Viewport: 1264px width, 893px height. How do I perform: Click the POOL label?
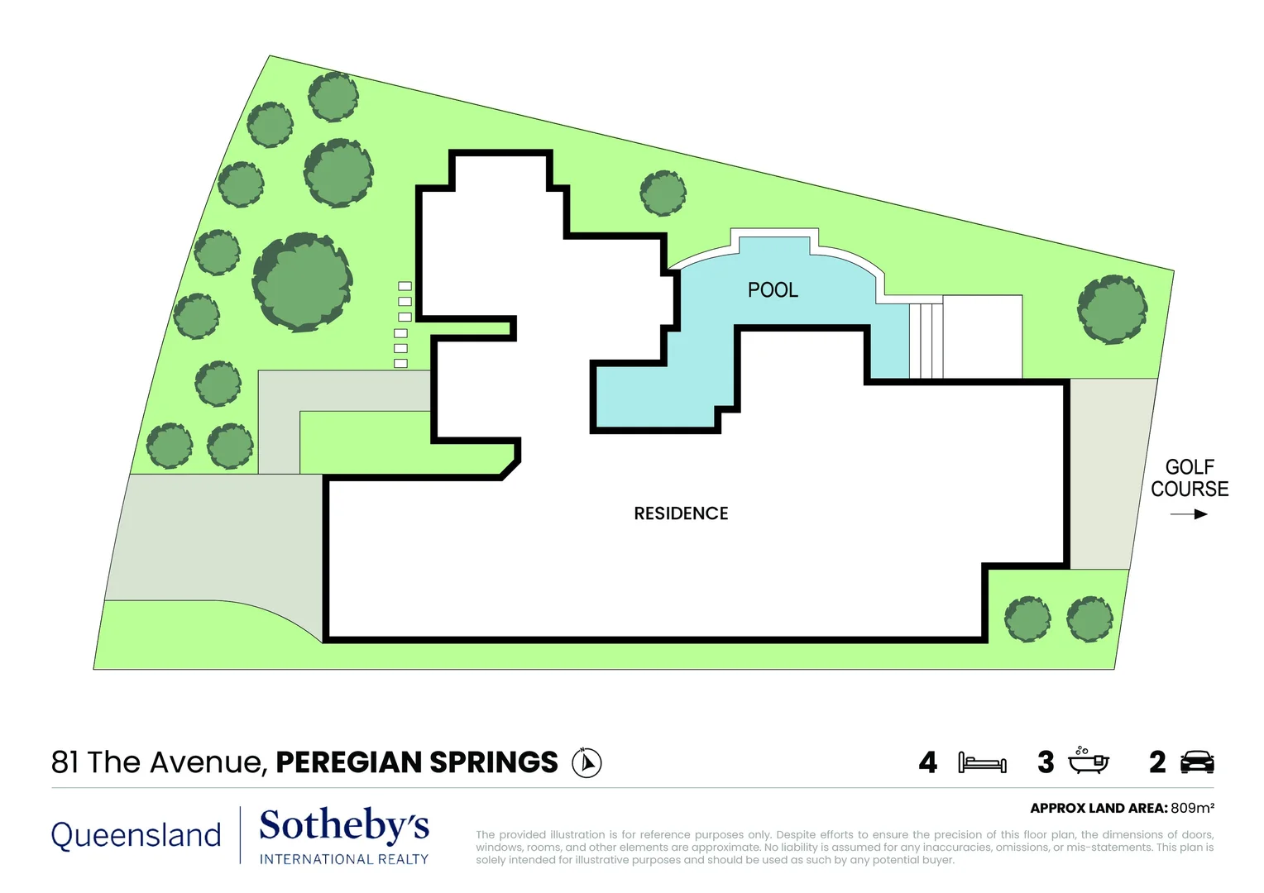(773, 290)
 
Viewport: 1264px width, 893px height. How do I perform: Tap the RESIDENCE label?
(681, 513)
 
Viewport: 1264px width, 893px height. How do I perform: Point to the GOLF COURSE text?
(1190, 478)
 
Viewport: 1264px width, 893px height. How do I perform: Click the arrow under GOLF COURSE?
(1189, 514)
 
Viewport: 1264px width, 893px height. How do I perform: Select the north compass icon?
(587, 762)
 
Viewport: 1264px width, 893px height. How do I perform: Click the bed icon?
(982, 762)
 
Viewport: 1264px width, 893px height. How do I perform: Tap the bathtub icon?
(1088, 762)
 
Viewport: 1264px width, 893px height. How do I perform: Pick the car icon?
(1197, 762)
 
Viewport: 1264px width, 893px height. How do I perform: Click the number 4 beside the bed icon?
(928, 762)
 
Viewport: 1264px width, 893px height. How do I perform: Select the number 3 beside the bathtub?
(1046, 762)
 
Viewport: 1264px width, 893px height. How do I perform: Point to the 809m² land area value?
(1192, 808)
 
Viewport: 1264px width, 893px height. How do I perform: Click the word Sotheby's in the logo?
(344, 826)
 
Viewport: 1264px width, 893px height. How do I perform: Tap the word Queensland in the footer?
(136, 835)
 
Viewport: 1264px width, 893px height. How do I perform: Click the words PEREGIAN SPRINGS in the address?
(417, 762)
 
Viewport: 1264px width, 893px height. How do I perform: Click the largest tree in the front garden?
(303, 282)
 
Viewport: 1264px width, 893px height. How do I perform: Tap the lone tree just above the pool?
(663, 193)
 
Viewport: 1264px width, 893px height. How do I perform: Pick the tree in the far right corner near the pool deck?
(1112, 309)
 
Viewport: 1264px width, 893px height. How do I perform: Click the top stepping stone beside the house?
(405, 286)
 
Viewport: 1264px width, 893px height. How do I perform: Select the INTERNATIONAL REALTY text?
(344, 860)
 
